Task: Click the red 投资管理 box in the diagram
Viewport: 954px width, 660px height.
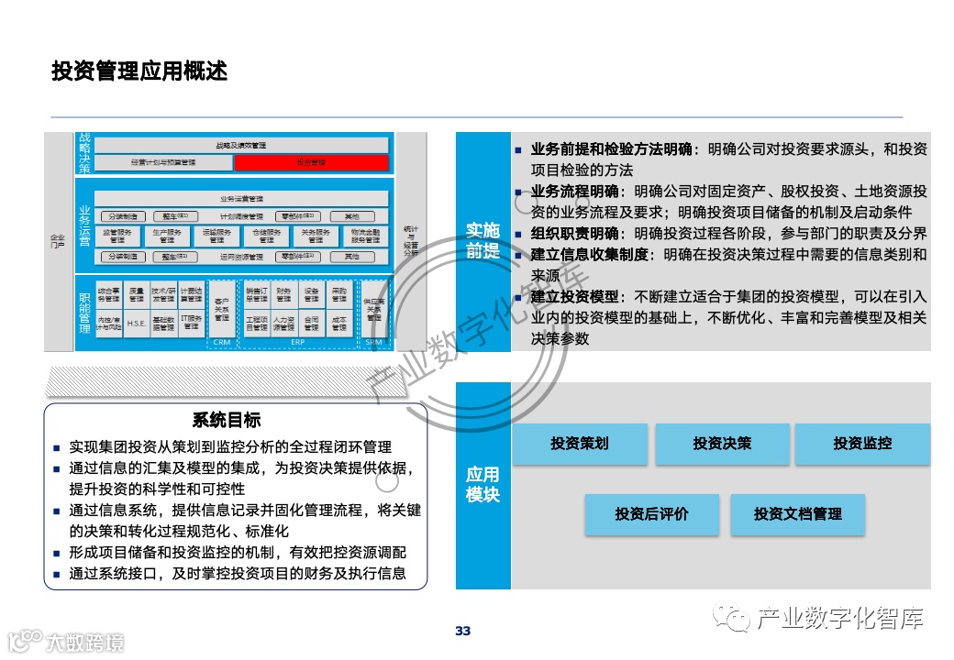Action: coord(311,162)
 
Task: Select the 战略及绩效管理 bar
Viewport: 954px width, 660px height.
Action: coord(241,145)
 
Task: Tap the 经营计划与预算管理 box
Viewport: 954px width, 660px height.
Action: coord(162,162)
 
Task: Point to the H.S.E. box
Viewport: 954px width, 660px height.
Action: coord(137,324)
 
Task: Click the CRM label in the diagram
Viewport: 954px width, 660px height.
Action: coord(221,342)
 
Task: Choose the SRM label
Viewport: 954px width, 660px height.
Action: coord(373,342)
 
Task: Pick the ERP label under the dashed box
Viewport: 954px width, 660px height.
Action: coord(298,342)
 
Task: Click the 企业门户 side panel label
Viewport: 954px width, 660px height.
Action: coord(58,241)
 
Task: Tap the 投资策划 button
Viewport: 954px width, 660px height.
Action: coord(580,444)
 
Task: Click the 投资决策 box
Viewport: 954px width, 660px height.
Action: coord(722,444)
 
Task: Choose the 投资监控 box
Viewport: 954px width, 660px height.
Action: coord(862,444)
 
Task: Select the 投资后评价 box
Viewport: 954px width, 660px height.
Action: coord(651,514)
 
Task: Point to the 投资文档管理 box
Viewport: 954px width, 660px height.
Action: coord(797,514)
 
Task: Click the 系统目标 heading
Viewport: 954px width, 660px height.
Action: coord(227,421)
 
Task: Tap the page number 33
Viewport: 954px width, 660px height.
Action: coord(462,631)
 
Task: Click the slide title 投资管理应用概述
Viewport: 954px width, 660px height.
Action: coord(139,71)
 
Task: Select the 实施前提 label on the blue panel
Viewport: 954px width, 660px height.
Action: coord(483,240)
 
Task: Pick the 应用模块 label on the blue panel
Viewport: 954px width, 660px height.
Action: coord(483,484)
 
